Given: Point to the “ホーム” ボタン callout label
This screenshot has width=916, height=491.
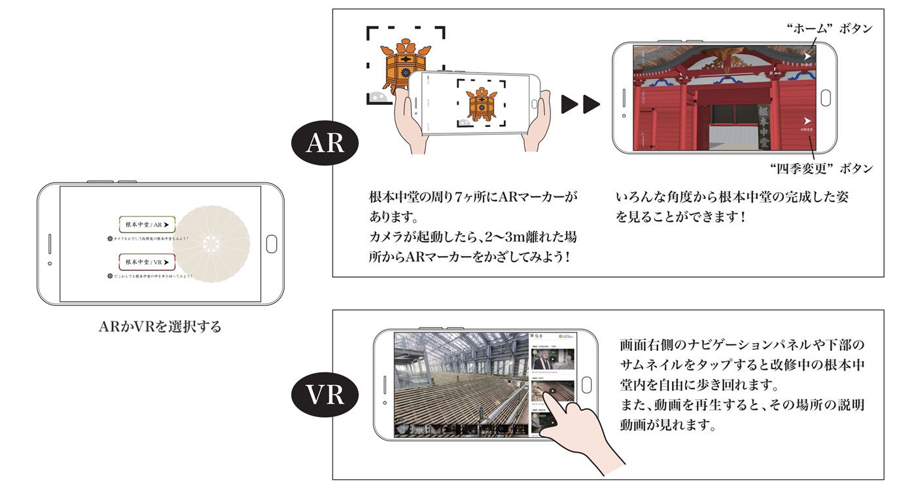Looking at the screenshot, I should (x=828, y=29).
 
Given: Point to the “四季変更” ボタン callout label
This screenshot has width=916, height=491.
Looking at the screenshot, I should (x=822, y=168).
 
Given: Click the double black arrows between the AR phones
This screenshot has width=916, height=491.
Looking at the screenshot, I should (x=580, y=103).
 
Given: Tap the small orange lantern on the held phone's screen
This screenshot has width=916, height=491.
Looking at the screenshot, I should (x=481, y=103).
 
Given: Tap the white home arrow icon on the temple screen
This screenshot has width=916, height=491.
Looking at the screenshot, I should (x=807, y=57).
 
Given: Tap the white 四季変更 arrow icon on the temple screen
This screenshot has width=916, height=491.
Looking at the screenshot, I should (x=807, y=120).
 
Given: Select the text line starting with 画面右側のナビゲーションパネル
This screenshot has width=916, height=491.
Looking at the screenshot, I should (x=742, y=344).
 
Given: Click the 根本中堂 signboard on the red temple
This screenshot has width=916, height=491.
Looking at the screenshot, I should (x=764, y=127).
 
